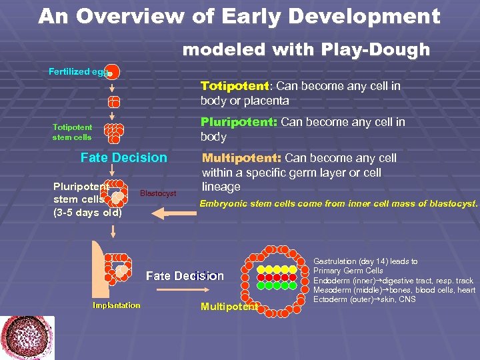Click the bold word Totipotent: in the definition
tap(236, 86)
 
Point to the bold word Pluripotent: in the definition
tap(239, 122)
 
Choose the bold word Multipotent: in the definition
tap(241, 158)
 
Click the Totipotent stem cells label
tap(73, 132)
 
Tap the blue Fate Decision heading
tap(123, 158)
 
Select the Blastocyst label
tap(158, 193)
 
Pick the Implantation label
tap(117, 305)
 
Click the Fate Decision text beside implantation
tap(185, 275)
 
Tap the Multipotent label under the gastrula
tap(229, 307)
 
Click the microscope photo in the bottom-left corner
tap(27, 337)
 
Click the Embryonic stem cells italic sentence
tap(339, 203)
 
